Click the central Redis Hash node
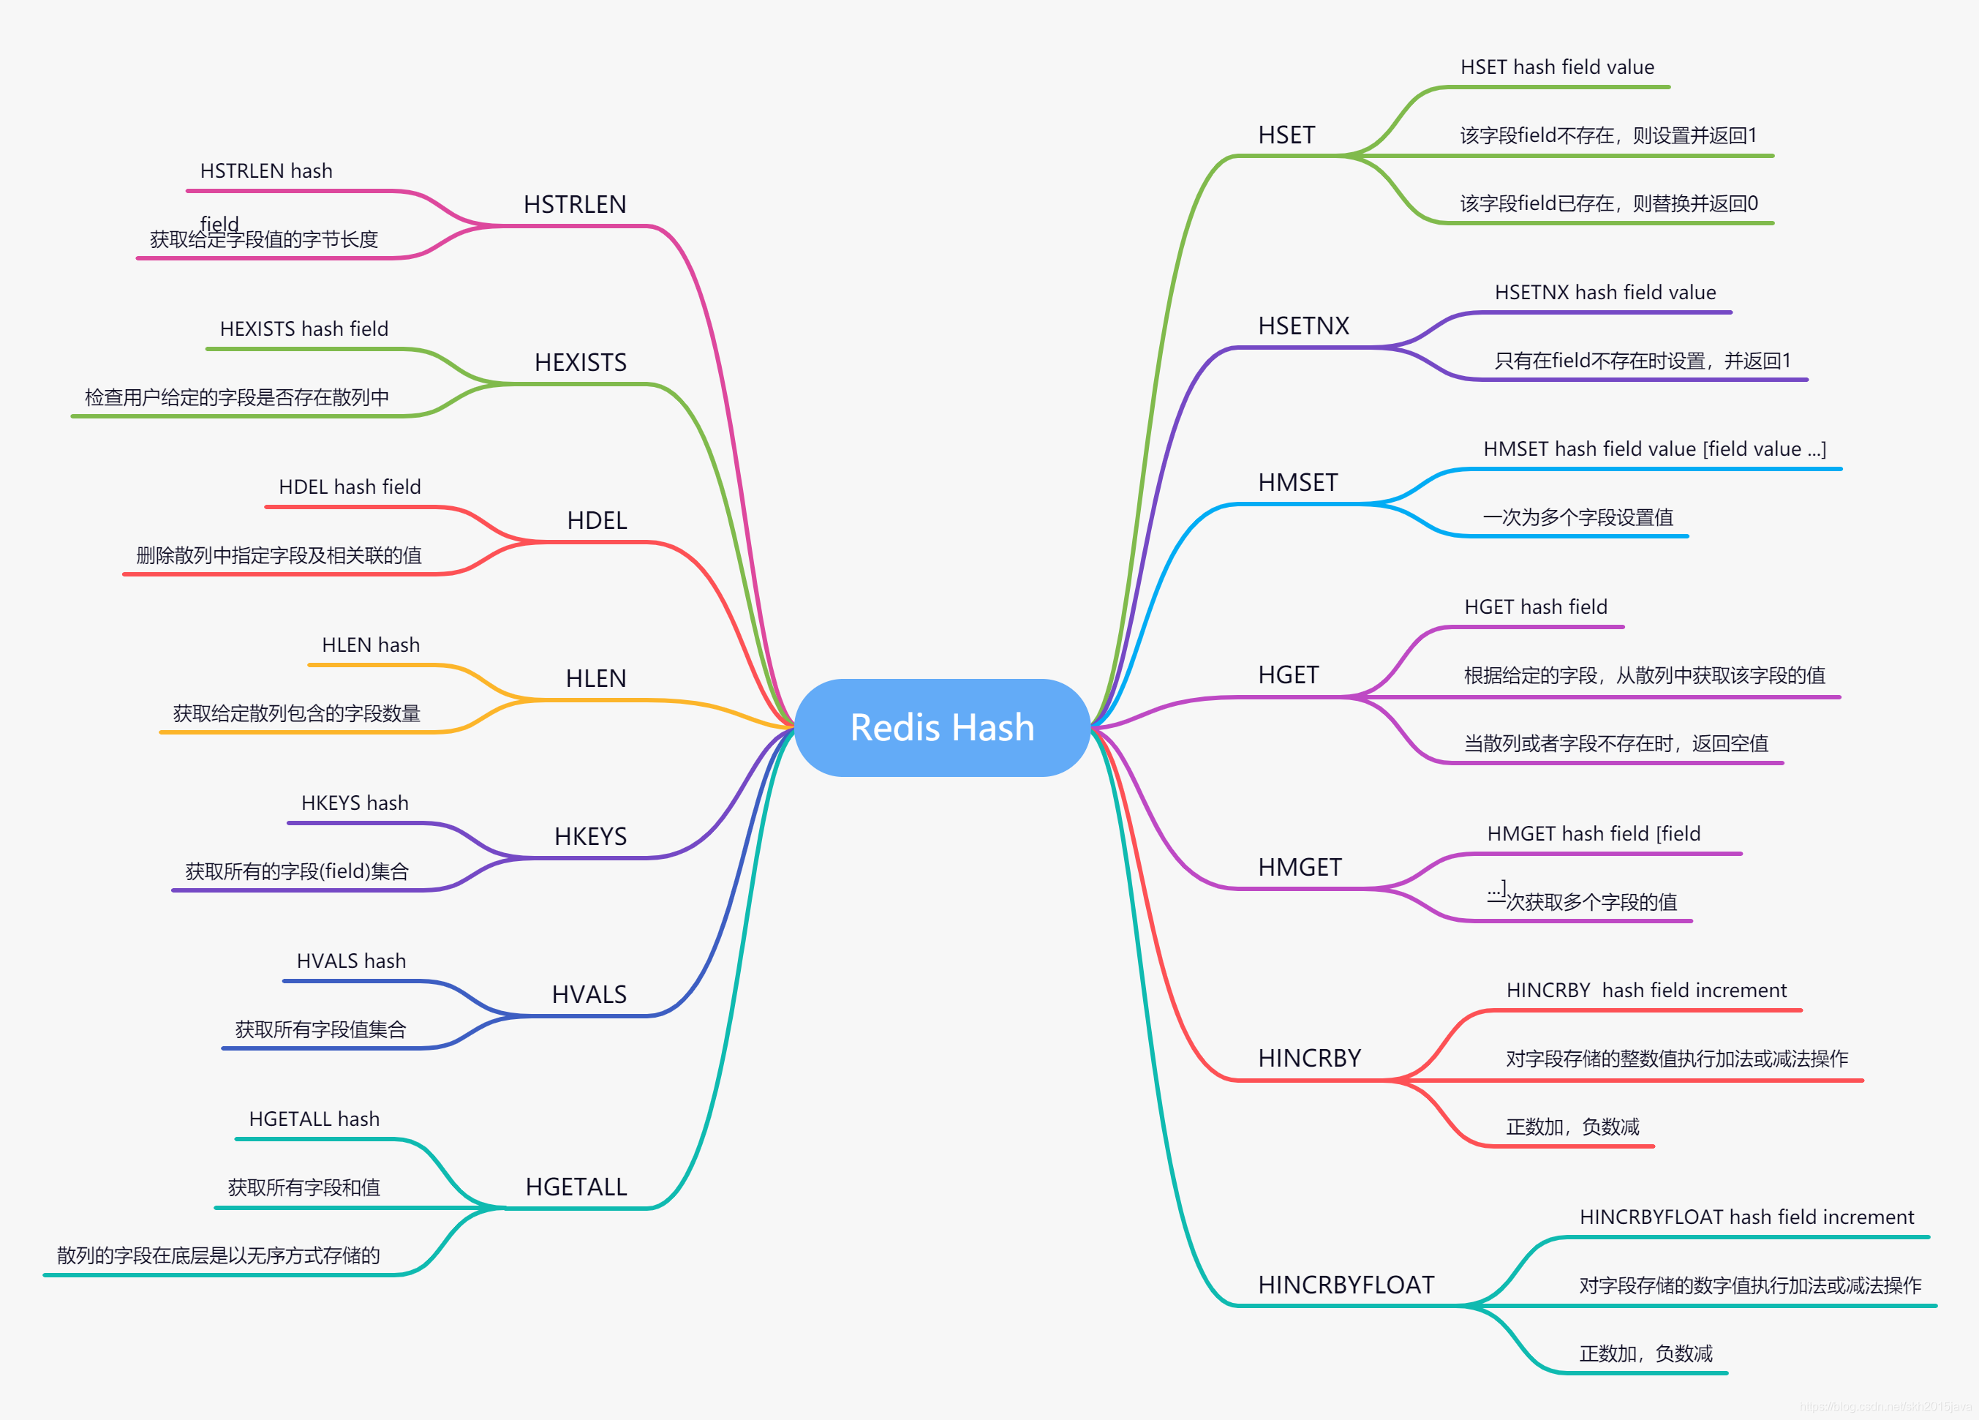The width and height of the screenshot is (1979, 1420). tap(943, 727)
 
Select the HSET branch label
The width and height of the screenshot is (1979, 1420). tap(1286, 135)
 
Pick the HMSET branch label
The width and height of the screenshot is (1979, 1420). tap(1297, 483)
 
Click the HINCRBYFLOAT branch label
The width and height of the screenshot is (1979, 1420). tap(1346, 1285)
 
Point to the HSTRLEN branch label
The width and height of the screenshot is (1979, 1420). tap(574, 204)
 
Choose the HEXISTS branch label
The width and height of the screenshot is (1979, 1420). tap(580, 362)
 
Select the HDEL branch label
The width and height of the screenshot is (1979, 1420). tap(597, 520)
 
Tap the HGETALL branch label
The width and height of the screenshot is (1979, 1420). tap(576, 1187)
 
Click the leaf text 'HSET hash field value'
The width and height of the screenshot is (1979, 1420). tap(1557, 67)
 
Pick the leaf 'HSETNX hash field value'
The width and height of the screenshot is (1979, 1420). tap(1605, 293)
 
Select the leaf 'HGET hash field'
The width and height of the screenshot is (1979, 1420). tap(1535, 606)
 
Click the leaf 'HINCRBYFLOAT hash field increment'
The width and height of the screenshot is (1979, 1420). tap(1746, 1217)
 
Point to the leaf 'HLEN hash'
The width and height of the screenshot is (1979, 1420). tap(371, 645)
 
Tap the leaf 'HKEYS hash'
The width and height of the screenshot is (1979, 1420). tap(354, 803)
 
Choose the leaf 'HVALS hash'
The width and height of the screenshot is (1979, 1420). tap(351, 961)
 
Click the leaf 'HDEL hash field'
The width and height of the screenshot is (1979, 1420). tap(349, 487)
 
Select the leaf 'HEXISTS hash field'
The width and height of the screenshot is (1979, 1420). tap(304, 329)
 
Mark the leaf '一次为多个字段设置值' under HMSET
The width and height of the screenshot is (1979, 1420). tap(1577, 517)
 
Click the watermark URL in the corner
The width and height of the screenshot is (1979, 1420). tap(1885, 1406)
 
